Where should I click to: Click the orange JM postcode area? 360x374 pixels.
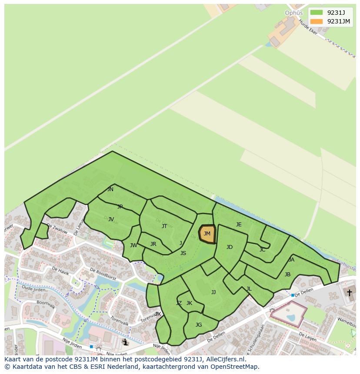[207, 234]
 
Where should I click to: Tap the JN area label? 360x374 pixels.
[110, 189]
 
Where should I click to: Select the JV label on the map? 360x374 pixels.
[111, 219]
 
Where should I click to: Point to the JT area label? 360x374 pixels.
[164, 226]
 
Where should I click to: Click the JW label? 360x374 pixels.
[133, 245]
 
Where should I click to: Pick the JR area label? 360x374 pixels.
[153, 244]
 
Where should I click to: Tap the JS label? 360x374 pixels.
[183, 253]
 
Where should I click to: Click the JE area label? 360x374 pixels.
[239, 225]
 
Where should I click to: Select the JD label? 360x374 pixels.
[230, 247]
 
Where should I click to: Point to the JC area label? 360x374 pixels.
[262, 250]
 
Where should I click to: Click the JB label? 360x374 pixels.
[287, 275]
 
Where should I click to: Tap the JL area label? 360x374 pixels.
[249, 289]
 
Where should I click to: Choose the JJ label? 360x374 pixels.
[213, 292]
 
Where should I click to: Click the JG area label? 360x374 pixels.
[199, 325]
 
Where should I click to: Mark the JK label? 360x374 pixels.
[189, 303]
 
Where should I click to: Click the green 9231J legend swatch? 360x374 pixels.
[317, 13]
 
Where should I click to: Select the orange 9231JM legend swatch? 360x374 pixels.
[317, 21]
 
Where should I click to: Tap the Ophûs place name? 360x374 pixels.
[293, 13]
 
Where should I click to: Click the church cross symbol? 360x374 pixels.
[349, 293]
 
